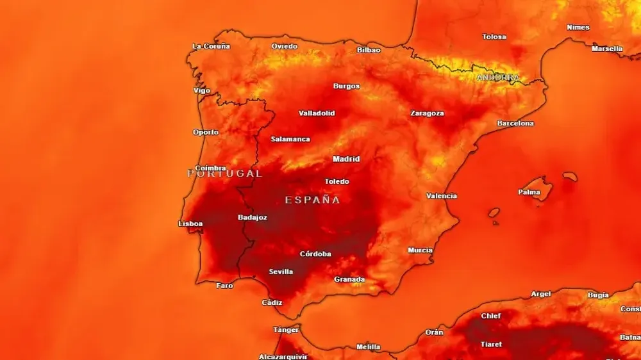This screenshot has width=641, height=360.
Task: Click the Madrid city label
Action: point(346,159)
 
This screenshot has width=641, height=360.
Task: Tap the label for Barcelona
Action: point(515,123)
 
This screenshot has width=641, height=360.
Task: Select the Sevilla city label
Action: point(281,272)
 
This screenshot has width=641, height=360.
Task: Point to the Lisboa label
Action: point(190,224)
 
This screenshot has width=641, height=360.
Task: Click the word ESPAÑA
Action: point(312,200)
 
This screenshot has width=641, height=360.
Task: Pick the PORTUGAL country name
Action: point(224,173)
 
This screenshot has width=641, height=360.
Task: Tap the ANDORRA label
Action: point(497,78)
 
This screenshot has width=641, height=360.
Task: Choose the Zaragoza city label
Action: point(427,113)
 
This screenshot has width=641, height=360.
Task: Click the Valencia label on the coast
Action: point(442,196)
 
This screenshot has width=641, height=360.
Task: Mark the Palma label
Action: point(529,192)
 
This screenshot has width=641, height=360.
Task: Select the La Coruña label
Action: point(212,46)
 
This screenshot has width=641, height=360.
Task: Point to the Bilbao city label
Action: point(369,50)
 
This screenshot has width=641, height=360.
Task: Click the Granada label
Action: point(349,279)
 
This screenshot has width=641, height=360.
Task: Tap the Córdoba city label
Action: point(315,254)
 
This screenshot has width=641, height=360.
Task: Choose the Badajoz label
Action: point(253,217)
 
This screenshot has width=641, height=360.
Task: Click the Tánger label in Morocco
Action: point(286,330)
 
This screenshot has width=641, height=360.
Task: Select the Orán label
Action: point(434,332)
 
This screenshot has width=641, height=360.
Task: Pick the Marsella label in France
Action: point(606,49)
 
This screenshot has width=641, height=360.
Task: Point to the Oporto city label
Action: point(206,133)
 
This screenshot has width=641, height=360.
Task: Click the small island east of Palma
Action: point(570,176)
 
